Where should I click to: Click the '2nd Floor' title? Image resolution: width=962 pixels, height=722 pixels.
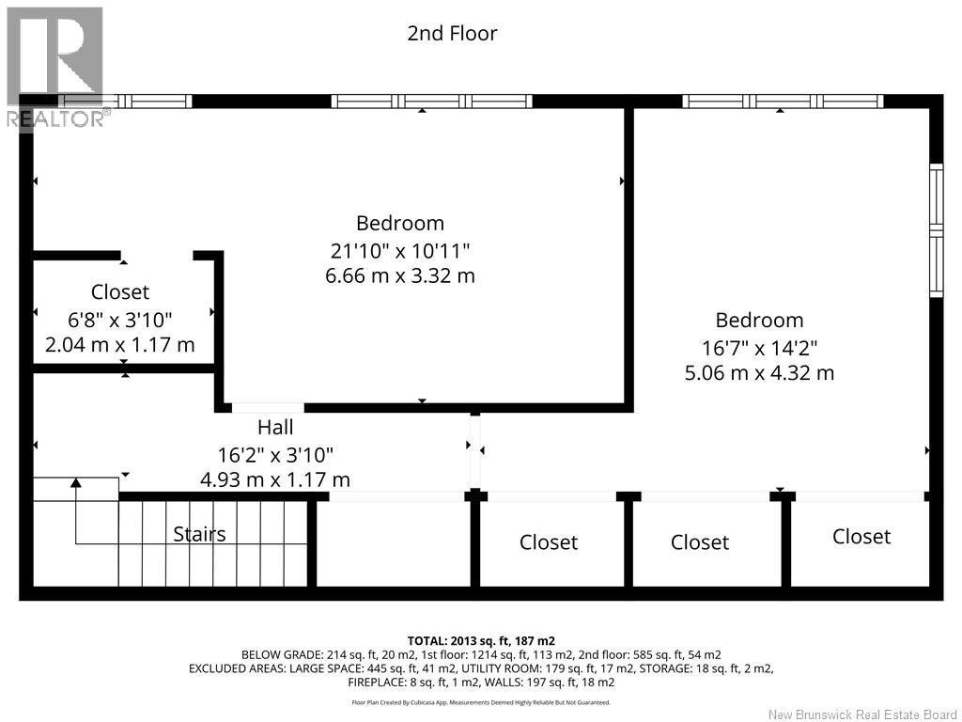452,33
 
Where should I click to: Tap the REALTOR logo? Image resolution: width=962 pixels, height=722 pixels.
55,68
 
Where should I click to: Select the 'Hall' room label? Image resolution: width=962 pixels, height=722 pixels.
275,427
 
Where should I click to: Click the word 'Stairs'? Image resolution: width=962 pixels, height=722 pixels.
199,534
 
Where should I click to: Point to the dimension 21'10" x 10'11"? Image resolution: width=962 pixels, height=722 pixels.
400,250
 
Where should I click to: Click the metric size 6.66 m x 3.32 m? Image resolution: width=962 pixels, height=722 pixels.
400,275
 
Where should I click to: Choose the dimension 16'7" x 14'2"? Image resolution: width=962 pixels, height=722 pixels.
759,348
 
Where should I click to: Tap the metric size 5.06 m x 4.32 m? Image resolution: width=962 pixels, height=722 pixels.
759,372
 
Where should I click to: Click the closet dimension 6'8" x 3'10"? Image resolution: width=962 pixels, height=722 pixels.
120,320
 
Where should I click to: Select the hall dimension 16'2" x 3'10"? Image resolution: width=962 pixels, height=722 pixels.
275,455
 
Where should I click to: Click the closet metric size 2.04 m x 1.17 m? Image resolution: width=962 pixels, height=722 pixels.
120,344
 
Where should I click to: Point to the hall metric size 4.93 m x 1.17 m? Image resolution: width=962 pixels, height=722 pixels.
275,479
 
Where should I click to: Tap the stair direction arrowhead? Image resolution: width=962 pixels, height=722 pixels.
75,482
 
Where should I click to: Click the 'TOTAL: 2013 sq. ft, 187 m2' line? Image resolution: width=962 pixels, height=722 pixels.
481,641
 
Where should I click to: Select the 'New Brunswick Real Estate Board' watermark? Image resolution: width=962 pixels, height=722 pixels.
862,714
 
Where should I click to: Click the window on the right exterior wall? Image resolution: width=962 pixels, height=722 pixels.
937,230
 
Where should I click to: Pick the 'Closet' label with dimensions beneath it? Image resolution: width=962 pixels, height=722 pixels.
120,291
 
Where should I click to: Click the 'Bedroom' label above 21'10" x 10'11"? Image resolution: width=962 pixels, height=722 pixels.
400,223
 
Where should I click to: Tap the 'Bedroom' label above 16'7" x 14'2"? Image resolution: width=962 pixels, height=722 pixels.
759,320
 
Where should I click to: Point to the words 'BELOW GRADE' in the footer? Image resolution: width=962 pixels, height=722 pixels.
282,655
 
